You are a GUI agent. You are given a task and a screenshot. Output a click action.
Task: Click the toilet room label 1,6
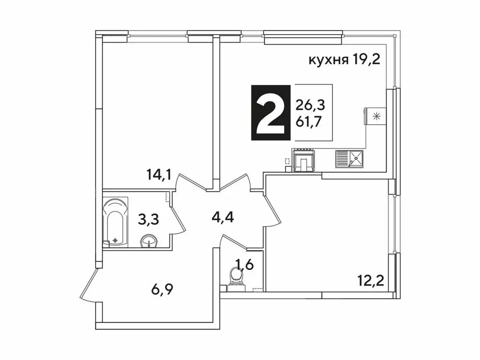244,265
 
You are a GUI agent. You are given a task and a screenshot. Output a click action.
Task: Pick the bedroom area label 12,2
370,281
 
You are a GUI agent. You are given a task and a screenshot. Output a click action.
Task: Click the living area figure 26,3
310,105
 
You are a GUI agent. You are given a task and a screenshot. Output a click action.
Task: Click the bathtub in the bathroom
115,222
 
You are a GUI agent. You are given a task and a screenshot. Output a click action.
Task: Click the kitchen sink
350,159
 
